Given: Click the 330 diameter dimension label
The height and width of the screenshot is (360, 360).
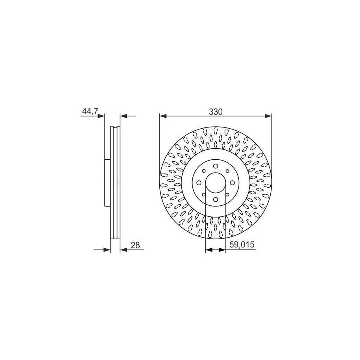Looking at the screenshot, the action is coord(216,112).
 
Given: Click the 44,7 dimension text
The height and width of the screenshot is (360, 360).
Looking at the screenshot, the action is coord(90,111).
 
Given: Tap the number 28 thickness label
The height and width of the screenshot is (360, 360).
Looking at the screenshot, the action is coord(135,245).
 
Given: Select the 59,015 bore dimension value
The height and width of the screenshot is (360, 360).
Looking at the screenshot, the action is coord(242,244).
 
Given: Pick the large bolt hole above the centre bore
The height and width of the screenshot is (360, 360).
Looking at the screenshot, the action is coord(215,166).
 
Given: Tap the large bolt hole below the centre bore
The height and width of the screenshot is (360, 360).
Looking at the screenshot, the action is coord(215,199).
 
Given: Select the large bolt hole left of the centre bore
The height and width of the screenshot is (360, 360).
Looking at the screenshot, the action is coord(199,183).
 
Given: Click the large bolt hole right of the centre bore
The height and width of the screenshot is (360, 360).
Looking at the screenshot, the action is coord(232,183).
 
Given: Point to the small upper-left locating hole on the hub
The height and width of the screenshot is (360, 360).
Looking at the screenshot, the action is coord(204,171).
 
